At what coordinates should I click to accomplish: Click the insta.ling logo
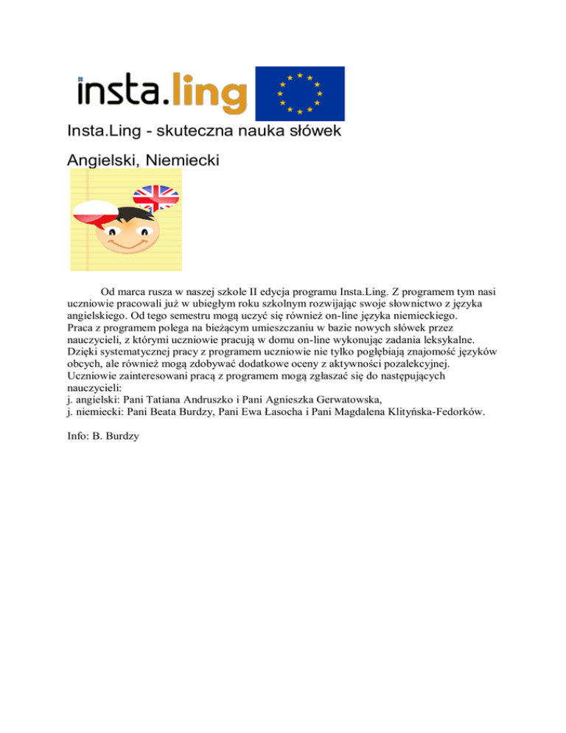[162, 94]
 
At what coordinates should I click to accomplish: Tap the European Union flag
[299, 94]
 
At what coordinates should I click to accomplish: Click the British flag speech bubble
[156, 196]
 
